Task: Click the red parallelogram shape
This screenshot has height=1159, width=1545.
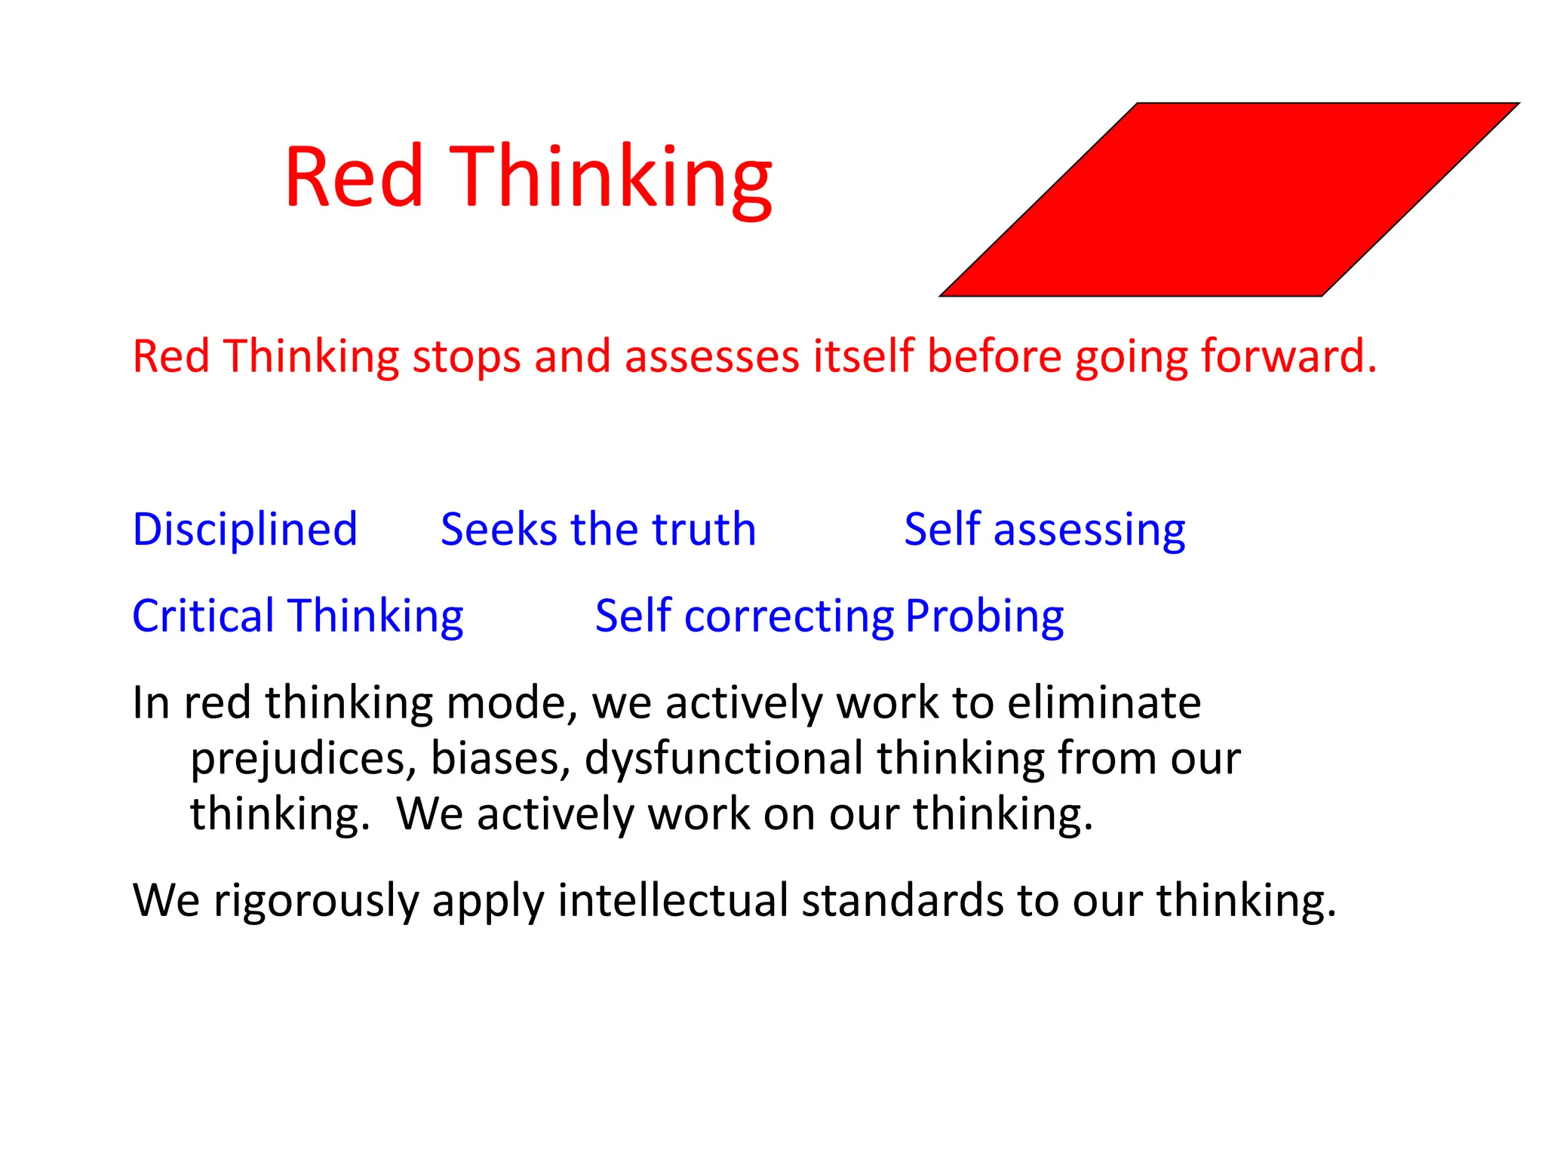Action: pyautogui.click(x=1230, y=200)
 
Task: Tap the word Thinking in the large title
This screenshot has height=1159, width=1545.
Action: pyautogui.click(x=610, y=180)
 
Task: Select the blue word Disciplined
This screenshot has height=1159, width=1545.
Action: pyautogui.click(x=244, y=530)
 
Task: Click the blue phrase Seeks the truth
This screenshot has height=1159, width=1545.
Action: pyautogui.click(x=598, y=530)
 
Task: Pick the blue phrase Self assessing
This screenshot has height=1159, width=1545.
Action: pyautogui.click(x=1044, y=530)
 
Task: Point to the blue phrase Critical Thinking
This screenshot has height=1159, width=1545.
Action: pyautogui.click(x=297, y=616)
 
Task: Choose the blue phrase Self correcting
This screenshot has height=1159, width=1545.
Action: pyautogui.click(x=744, y=616)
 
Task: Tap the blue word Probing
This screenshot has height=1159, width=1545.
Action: pyautogui.click(x=984, y=616)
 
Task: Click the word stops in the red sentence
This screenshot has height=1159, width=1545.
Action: pyautogui.click(x=465, y=357)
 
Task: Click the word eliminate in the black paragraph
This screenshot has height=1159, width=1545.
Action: pyautogui.click(x=1104, y=702)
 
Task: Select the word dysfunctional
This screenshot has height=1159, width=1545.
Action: pyautogui.click(x=723, y=759)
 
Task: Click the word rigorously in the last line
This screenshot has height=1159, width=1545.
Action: pyautogui.click(x=316, y=901)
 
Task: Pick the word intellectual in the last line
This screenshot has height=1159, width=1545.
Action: pyautogui.click(x=672, y=899)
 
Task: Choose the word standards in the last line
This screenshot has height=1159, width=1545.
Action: pyautogui.click(x=902, y=899)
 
